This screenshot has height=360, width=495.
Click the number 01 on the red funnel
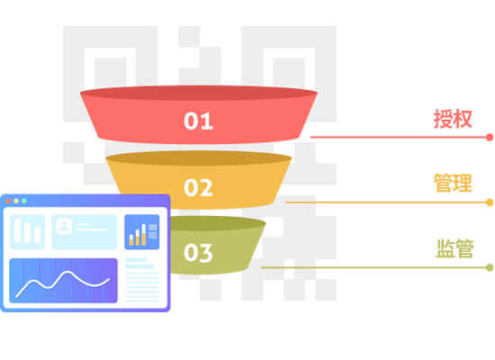(x=199, y=121)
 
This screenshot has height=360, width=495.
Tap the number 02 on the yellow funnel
(x=198, y=187)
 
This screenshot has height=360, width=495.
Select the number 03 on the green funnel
(x=198, y=253)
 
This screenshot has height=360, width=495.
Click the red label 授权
(x=453, y=119)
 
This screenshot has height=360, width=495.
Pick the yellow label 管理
(x=453, y=183)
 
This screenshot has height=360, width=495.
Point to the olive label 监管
(x=454, y=248)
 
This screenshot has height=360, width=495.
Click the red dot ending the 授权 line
(x=490, y=138)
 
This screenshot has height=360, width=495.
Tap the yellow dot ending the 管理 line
(x=490, y=202)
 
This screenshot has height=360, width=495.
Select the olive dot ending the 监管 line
(x=490, y=268)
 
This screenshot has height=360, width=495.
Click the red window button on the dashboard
(x=8, y=201)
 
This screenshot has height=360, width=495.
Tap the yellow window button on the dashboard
(x=16, y=201)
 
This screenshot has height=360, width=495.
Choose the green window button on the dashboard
(x=24, y=201)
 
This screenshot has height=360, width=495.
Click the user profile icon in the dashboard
(x=64, y=226)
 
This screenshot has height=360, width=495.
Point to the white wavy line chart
(x=63, y=283)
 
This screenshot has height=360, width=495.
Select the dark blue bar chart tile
(x=141, y=232)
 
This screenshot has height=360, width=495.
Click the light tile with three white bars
(x=28, y=232)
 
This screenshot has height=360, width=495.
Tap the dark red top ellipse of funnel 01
(x=199, y=94)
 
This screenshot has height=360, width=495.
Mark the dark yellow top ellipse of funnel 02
(x=199, y=158)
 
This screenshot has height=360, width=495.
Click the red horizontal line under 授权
(x=399, y=138)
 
